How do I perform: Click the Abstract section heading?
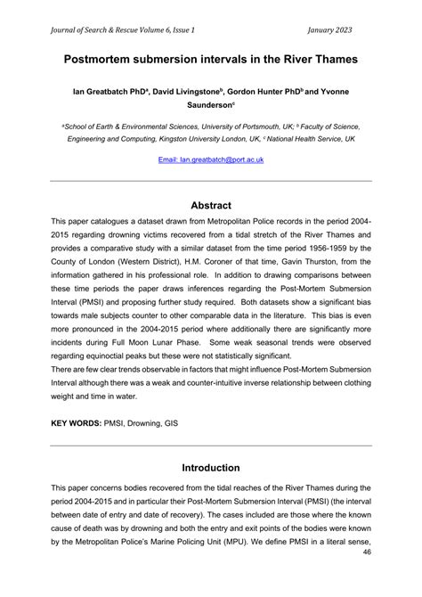210,205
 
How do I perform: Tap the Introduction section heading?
210,467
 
